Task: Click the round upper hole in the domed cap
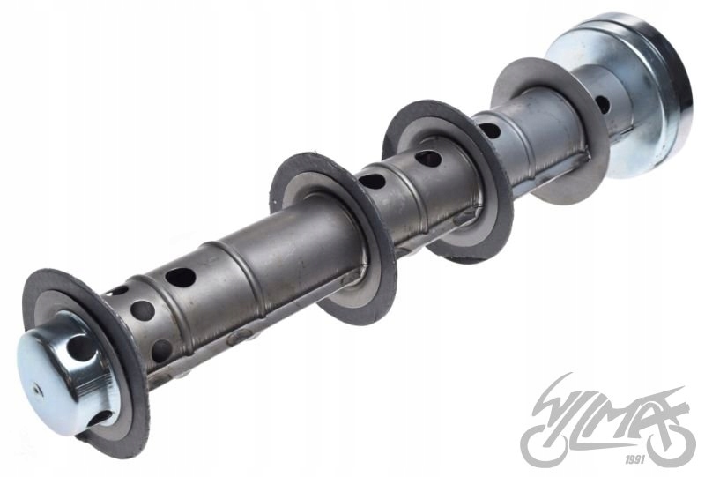pos(80,351)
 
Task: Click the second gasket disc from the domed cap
pos(333,238)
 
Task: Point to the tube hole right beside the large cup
pos(603,104)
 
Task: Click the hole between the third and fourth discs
pos(490,130)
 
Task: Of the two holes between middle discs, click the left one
pos(373,181)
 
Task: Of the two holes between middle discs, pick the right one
pos(428,159)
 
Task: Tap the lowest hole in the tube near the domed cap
pos(160,348)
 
